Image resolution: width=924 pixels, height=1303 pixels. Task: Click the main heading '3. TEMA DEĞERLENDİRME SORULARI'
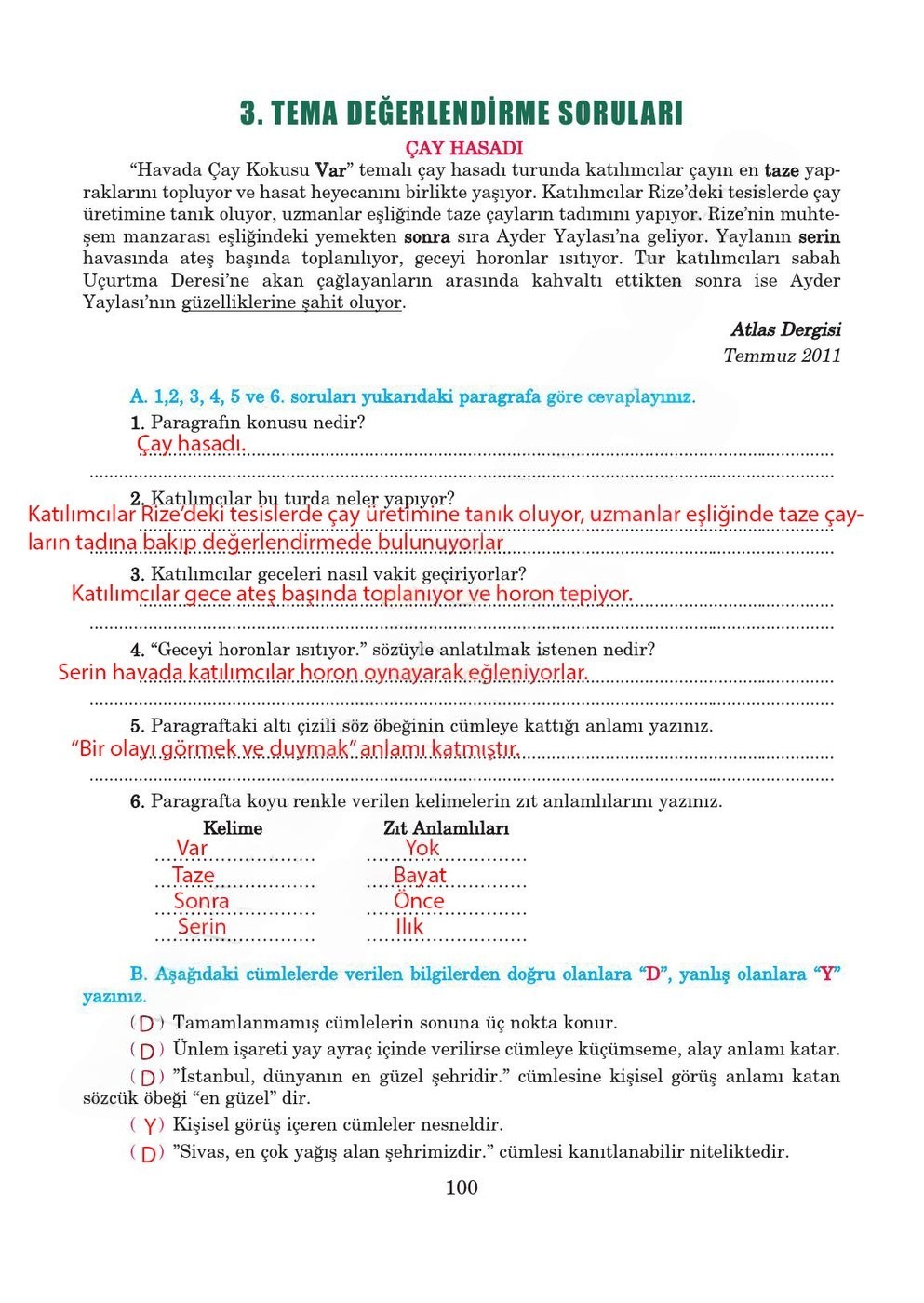(462, 114)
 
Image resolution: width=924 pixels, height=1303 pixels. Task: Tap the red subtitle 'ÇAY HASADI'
(464, 148)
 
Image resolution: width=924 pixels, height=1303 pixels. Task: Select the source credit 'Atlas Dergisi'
(785, 329)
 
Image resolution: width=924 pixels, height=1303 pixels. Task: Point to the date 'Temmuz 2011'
(782, 356)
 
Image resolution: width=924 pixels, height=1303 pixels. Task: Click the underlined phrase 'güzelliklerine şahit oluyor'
(292, 302)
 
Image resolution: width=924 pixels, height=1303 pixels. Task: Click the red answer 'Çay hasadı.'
(191, 444)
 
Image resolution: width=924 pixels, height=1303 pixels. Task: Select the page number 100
(462, 1188)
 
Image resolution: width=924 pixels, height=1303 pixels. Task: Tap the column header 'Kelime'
(233, 828)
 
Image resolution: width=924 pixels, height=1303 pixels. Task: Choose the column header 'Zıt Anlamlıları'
(446, 828)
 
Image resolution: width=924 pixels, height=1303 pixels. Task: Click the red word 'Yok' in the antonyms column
(422, 848)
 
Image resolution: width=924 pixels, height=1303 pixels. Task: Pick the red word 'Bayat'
(420, 875)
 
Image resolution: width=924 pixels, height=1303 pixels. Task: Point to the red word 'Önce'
(419, 901)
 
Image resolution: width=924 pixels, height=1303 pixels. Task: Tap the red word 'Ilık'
(409, 927)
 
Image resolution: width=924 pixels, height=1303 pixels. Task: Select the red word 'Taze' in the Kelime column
(194, 875)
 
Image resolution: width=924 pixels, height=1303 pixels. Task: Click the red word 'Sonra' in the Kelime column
(201, 901)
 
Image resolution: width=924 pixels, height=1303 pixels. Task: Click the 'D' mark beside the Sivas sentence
(148, 1154)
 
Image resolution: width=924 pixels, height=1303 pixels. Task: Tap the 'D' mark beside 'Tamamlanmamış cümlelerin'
(147, 1024)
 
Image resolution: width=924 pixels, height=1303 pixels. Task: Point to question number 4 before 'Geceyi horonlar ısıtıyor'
(137, 651)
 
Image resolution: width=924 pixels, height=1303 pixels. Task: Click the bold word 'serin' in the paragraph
(819, 237)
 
